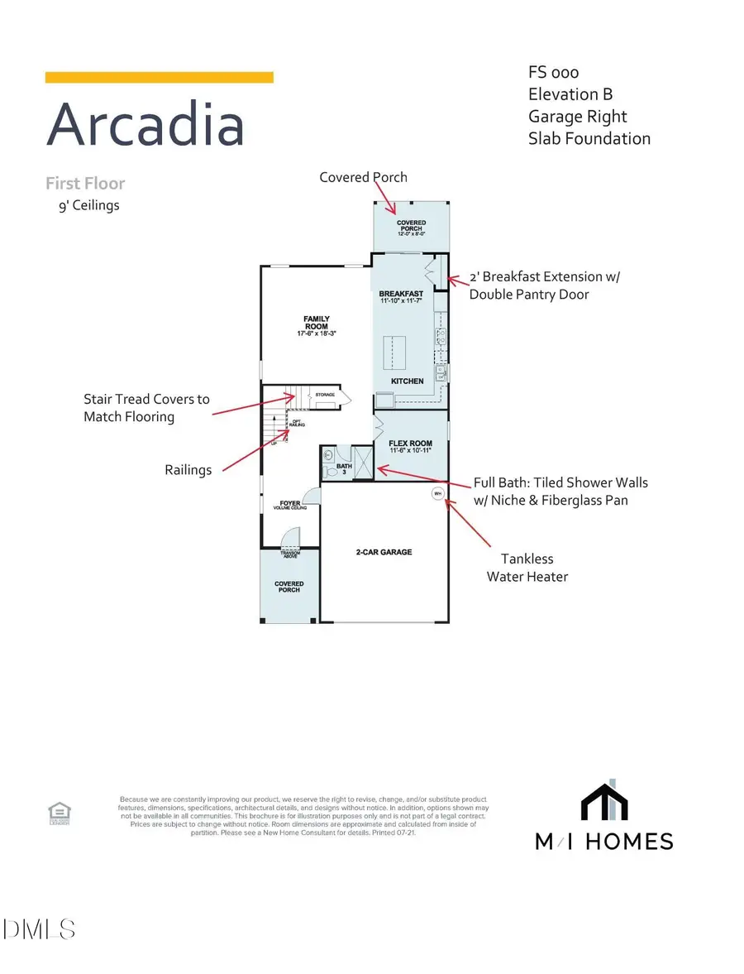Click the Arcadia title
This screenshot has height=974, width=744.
[x=145, y=125]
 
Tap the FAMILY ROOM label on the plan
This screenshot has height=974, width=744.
[x=317, y=323]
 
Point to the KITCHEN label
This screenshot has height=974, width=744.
[x=408, y=381]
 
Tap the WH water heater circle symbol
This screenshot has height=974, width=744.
[x=438, y=494]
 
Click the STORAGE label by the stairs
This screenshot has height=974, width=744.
[x=325, y=396]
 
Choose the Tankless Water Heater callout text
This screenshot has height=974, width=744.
[x=527, y=568]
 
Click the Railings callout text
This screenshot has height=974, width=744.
[x=188, y=470]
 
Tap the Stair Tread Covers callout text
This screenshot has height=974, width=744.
[x=146, y=408]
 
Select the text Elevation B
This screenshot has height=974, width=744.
[x=570, y=94]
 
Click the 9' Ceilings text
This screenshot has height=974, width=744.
[x=83, y=204]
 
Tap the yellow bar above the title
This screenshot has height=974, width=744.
[x=159, y=77]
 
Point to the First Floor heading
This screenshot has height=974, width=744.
[x=85, y=183]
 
